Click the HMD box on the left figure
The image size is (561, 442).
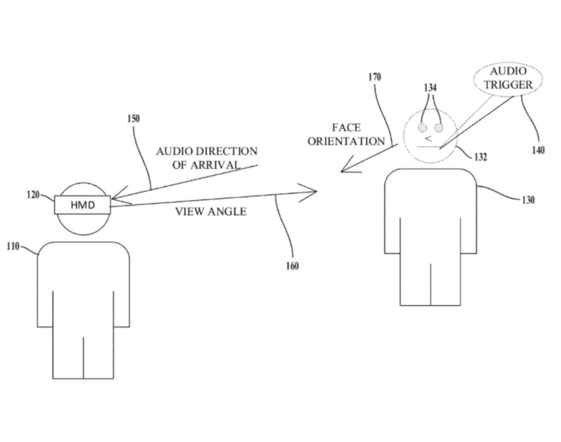point(83,204)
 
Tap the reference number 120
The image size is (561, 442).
point(33,194)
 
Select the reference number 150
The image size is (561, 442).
point(134,118)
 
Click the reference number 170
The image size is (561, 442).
point(375,77)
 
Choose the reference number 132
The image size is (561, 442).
point(482,157)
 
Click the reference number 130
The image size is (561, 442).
point(528,200)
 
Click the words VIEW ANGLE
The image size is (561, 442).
point(210,211)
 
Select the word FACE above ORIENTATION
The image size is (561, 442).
point(346,128)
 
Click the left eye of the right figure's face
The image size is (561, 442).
point(423,128)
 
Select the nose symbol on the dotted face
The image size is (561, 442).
point(428,139)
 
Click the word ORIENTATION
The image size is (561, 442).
point(346,141)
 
